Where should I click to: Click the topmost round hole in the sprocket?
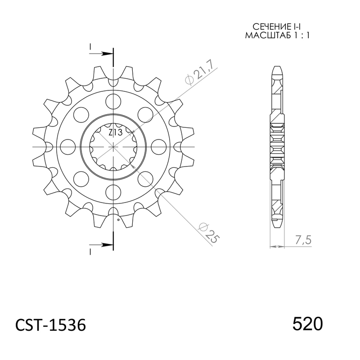[113, 99]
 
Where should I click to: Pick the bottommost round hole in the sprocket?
[113, 195]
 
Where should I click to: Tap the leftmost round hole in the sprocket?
[66, 147]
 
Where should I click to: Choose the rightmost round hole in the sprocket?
[160, 147]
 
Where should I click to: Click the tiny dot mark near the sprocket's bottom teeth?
[118, 220]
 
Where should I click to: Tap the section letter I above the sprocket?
[91, 47]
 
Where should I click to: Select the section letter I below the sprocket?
[91, 250]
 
